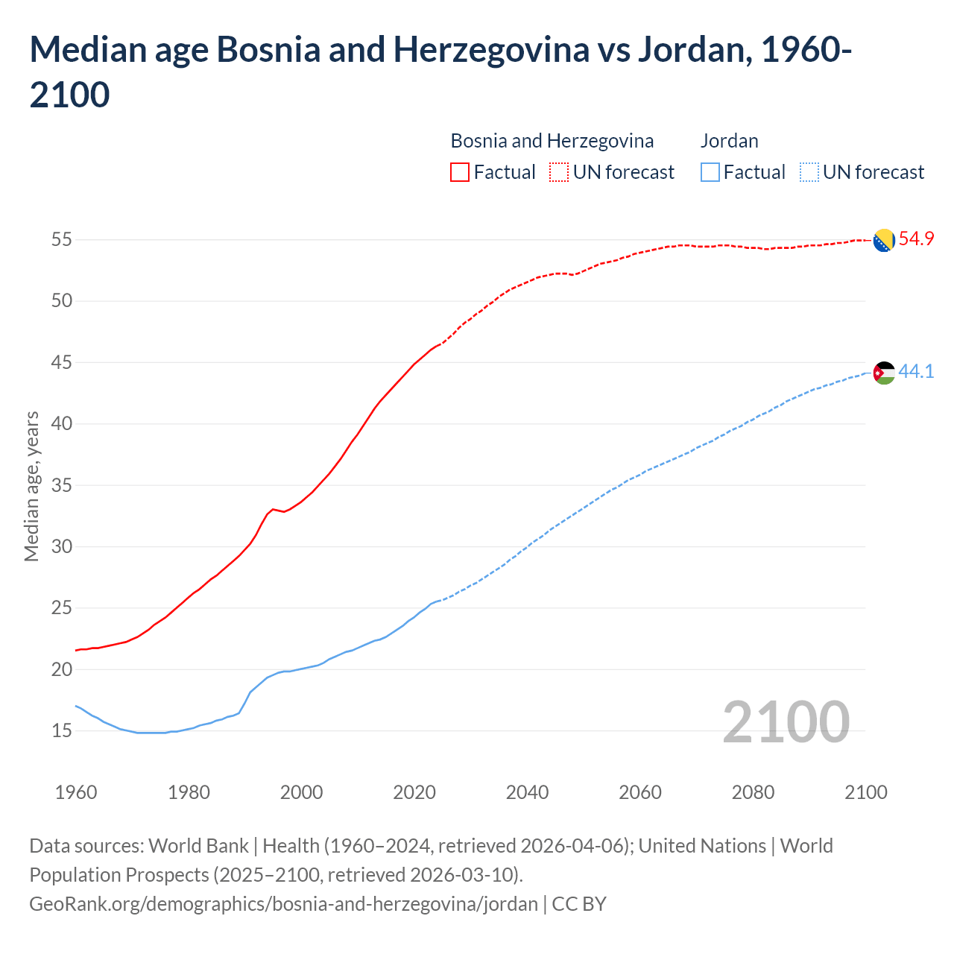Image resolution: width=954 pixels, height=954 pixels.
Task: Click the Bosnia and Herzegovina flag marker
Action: [x=884, y=240]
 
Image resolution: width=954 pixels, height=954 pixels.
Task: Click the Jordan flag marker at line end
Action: [x=884, y=372]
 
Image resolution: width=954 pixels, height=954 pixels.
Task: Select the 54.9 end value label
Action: [x=916, y=239]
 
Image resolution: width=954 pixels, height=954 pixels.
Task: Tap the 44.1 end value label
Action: [x=916, y=371]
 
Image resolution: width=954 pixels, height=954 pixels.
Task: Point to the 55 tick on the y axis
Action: [x=61, y=240]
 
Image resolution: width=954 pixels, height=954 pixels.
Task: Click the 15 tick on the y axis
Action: [x=61, y=730]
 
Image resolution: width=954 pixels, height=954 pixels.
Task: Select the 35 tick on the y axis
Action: [x=61, y=485]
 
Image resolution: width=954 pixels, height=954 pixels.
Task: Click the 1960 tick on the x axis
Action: [x=76, y=792]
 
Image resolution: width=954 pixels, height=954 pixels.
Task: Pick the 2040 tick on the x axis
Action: [x=527, y=792]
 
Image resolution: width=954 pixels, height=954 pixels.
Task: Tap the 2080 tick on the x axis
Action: [x=753, y=792]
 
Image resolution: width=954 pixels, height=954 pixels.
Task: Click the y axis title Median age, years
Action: [x=31, y=485]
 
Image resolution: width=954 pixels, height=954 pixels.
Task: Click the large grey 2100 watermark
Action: [x=786, y=721]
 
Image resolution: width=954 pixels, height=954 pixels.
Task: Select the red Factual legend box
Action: [x=460, y=172]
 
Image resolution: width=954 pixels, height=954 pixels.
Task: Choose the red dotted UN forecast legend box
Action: [x=559, y=172]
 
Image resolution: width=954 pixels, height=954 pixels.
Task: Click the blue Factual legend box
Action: [x=710, y=172]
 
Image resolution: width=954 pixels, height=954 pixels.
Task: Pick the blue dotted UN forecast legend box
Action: [x=809, y=172]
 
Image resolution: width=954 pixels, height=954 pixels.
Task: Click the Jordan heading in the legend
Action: [x=729, y=141]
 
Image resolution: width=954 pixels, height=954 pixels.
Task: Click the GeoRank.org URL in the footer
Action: [x=283, y=904]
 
